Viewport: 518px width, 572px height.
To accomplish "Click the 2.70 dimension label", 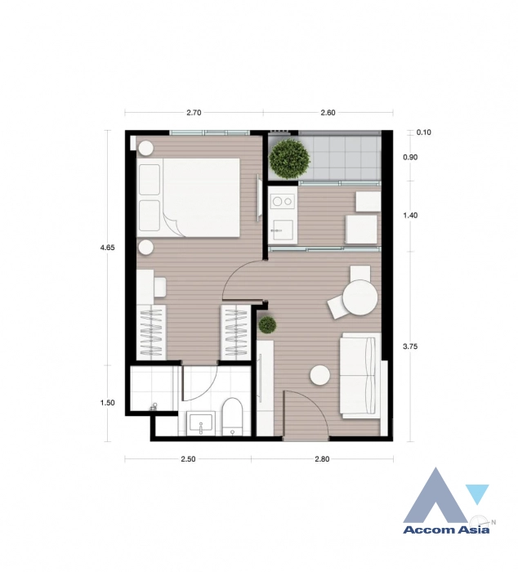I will pyautogui.click(x=194, y=113).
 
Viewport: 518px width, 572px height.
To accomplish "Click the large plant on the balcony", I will pyautogui.click(x=289, y=158).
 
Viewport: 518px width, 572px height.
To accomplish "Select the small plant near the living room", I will pyautogui.click(x=267, y=325).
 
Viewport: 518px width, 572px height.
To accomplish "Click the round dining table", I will pyautogui.click(x=359, y=298).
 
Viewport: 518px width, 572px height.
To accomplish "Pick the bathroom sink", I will pyautogui.click(x=200, y=423).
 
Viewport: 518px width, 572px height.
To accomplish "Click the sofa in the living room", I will pyautogui.click(x=359, y=374).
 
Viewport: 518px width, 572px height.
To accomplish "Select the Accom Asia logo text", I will pyautogui.click(x=446, y=530).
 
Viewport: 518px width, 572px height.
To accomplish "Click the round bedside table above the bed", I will pyautogui.click(x=146, y=148).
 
